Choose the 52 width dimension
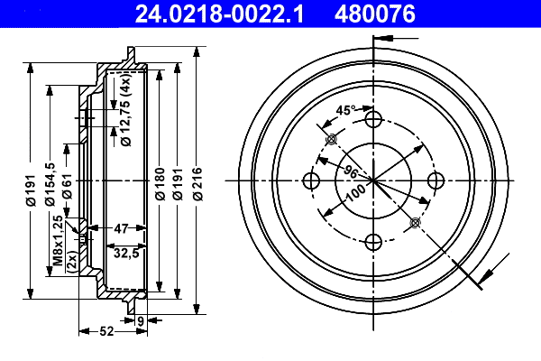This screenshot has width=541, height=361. [105, 332]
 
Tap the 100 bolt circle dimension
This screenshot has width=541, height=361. [355, 191]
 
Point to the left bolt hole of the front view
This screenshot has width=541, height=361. [312, 180]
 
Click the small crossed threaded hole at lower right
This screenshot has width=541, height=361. [415, 222]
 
